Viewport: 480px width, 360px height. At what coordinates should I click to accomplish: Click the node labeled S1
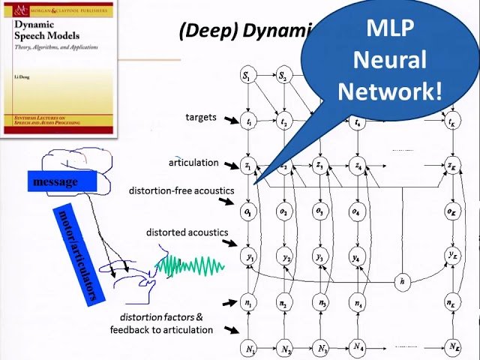tap(247, 76)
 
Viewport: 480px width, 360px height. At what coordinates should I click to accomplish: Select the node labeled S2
tap(283, 76)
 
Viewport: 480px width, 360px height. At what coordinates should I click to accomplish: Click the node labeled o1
tap(248, 212)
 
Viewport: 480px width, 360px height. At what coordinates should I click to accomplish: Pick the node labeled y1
tap(249, 258)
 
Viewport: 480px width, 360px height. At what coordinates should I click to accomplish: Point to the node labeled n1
tap(248, 304)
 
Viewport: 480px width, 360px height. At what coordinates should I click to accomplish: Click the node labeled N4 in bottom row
tap(358, 348)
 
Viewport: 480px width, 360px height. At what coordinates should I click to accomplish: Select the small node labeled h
tap(403, 281)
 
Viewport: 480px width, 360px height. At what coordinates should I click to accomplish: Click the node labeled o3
tap(320, 212)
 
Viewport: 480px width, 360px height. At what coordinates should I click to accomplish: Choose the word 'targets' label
tap(201, 117)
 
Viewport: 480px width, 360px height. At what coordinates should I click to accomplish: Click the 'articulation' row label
tap(193, 162)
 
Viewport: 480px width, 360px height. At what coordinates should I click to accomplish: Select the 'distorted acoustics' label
tap(187, 232)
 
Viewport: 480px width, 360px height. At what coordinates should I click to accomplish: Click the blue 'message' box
tap(55, 181)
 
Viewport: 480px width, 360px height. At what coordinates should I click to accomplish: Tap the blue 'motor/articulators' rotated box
tap(77, 253)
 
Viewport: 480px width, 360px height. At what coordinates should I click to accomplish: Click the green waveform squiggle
tap(190, 265)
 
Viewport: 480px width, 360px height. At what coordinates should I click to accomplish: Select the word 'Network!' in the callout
tap(390, 91)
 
